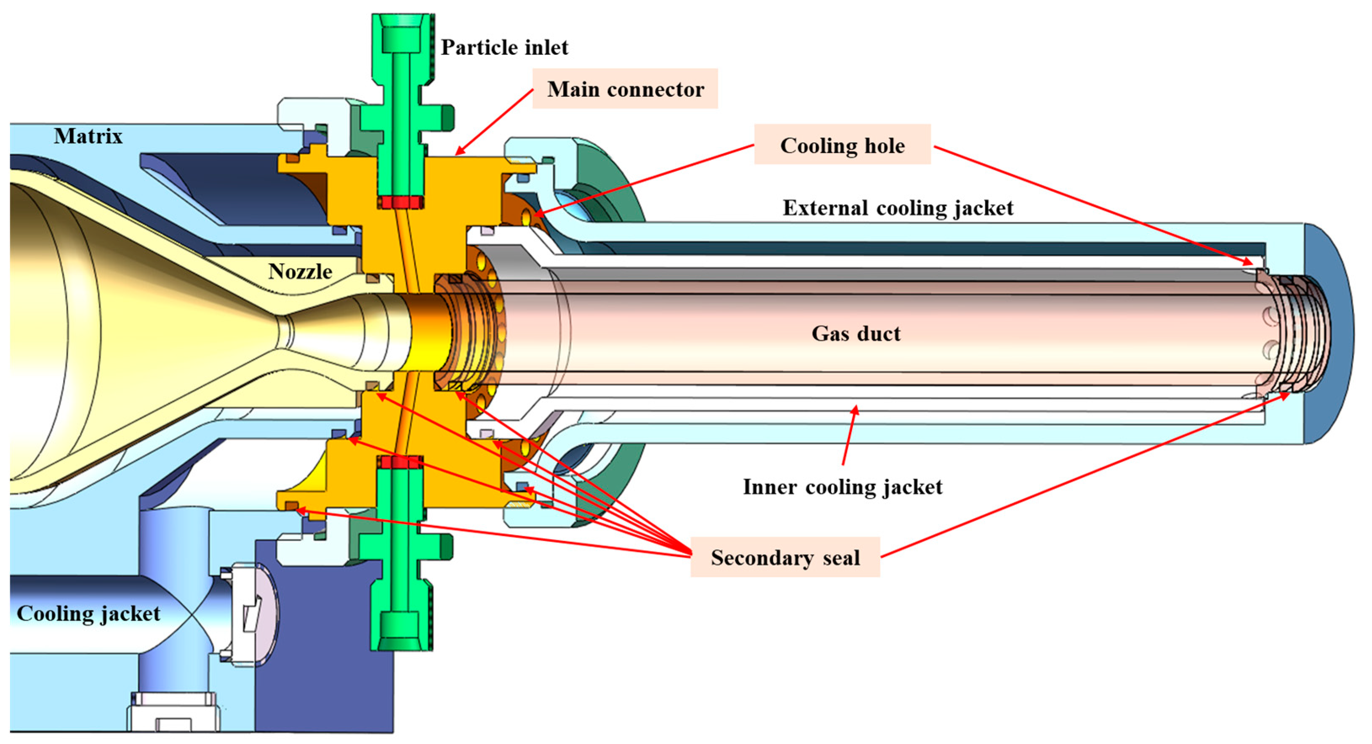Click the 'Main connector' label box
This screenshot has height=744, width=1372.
pyautogui.click(x=625, y=89)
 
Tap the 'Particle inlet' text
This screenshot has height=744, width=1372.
pyautogui.click(x=504, y=48)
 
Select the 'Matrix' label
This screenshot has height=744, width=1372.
pyautogui.click(x=88, y=136)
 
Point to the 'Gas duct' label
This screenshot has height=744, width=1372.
pyautogui.click(x=856, y=334)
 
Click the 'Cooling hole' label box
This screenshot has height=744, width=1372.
pyautogui.click(x=842, y=145)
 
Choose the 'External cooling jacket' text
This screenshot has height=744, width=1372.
pyautogui.click(x=898, y=207)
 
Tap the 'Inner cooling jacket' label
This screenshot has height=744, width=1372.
pyautogui.click(x=842, y=487)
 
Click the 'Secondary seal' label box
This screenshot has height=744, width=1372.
pyautogui.click(x=785, y=557)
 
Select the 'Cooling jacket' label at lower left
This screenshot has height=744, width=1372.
pyautogui.click(x=88, y=614)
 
